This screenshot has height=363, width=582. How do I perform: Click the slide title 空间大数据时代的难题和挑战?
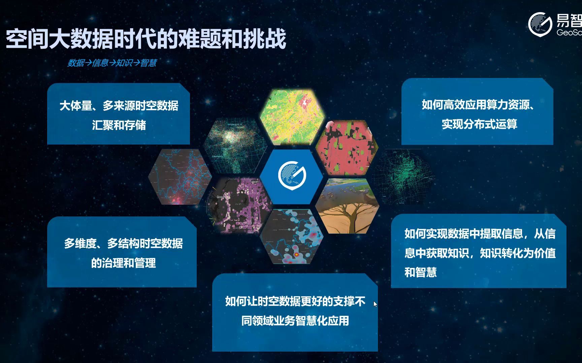(146, 39)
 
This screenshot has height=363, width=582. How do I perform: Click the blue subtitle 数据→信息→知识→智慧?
(112, 63)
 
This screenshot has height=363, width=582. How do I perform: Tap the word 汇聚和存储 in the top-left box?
(119, 125)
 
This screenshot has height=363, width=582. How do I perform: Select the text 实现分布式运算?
(479, 124)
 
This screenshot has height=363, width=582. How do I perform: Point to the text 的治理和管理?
(123, 263)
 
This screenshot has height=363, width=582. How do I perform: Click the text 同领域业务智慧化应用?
(295, 321)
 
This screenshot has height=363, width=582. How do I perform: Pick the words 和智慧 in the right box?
(420, 272)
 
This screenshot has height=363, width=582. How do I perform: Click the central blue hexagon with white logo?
(292, 175)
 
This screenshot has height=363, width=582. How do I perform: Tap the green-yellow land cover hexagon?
(292, 117)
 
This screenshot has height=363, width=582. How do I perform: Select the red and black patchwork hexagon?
(347, 148)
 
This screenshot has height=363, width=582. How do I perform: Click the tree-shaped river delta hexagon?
(347, 206)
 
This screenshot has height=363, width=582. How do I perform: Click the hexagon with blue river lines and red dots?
(181, 177)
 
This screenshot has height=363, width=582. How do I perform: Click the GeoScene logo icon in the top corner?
(540, 24)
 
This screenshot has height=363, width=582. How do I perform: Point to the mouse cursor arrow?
(375, 304)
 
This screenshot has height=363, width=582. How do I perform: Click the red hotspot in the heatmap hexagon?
(296, 255)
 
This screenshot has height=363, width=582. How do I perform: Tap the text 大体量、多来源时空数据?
(119, 106)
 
